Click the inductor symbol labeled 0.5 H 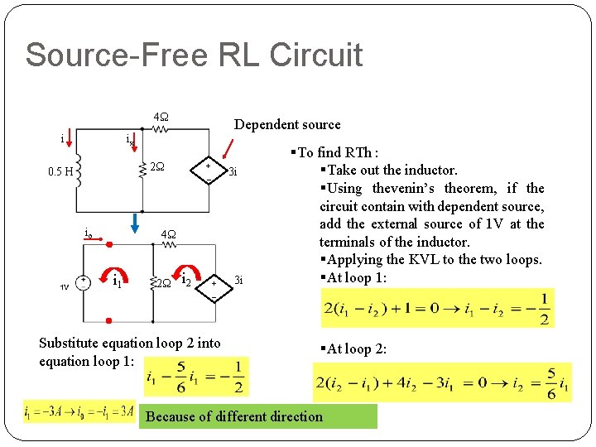[79, 171]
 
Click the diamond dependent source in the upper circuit [207, 171]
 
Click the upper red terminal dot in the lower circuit [108, 245]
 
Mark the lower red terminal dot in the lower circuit [108, 320]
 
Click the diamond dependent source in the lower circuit [214, 285]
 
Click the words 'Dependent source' [286, 124]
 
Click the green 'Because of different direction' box [260, 416]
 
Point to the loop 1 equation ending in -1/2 [437, 309]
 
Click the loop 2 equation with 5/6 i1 [442, 382]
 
